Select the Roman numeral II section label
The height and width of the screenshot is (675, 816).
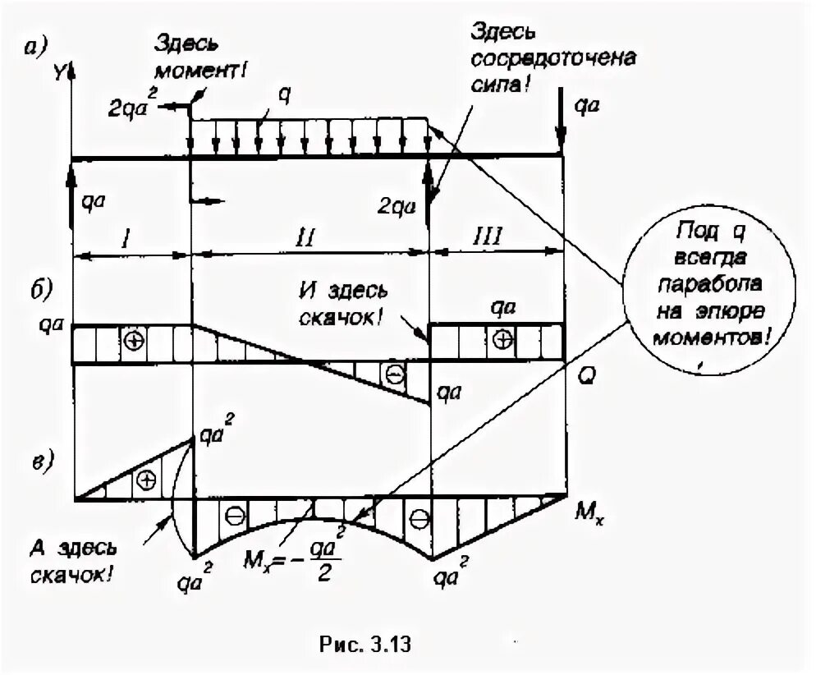tap(305, 238)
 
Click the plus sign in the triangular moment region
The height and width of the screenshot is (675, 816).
tap(146, 479)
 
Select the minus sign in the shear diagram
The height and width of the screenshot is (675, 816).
tap(395, 375)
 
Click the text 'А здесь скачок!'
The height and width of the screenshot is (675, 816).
tap(71, 561)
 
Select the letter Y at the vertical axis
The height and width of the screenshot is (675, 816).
tap(60, 74)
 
